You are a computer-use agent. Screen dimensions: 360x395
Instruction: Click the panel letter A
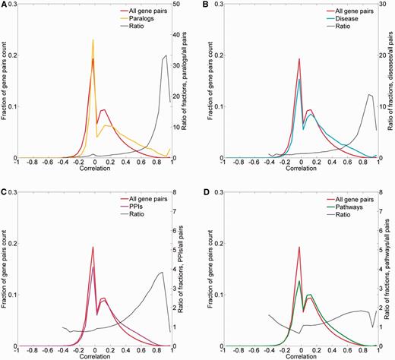pyautogui.click(x=4, y=4)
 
